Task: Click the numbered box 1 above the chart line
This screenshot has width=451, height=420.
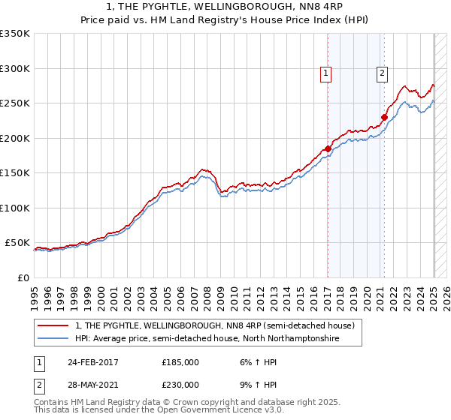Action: tap(326, 73)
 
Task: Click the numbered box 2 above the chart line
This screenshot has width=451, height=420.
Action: tap(383, 73)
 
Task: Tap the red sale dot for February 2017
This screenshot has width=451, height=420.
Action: tap(328, 148)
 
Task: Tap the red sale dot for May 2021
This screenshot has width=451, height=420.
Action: tap(384, 117)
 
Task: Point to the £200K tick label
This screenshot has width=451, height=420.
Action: tap(15, 138)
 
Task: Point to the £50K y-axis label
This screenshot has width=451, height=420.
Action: tap(17, 243)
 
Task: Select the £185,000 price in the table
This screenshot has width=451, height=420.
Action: tap(180, 361)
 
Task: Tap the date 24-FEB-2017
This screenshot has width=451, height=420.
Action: tap(92, 361)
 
